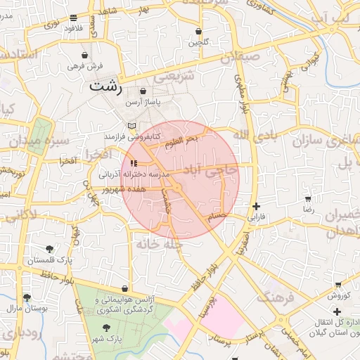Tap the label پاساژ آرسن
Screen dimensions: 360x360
143,103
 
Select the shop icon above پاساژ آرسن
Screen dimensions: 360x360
143,91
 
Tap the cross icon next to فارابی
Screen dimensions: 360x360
255,206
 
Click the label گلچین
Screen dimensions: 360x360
198,43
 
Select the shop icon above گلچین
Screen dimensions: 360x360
199,32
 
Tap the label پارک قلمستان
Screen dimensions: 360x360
50,260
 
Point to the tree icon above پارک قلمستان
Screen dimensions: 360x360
49,249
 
